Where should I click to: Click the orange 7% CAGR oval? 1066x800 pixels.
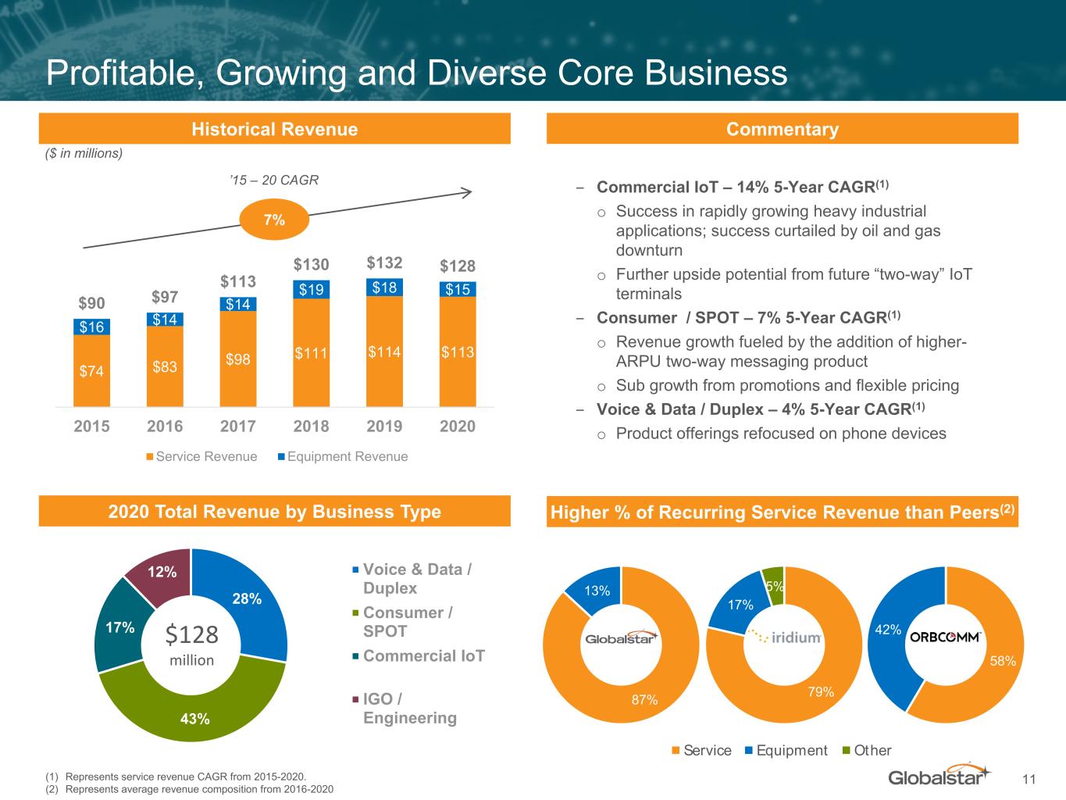(x=274, y=220)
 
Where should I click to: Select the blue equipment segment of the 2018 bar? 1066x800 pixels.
(x=311, y=289)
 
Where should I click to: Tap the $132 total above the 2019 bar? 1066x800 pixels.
(x=384, y=262)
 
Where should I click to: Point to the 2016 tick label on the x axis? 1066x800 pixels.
(x=165, y=426)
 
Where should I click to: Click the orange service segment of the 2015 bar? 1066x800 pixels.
(x=91, y=371)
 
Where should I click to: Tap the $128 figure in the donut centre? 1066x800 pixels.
(x=192, y=635)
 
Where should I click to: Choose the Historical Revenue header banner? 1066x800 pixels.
(x=275, y=129)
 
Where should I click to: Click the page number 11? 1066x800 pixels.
(x=1029, y=779)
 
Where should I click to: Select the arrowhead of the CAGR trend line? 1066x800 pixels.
(x=466, y=192)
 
